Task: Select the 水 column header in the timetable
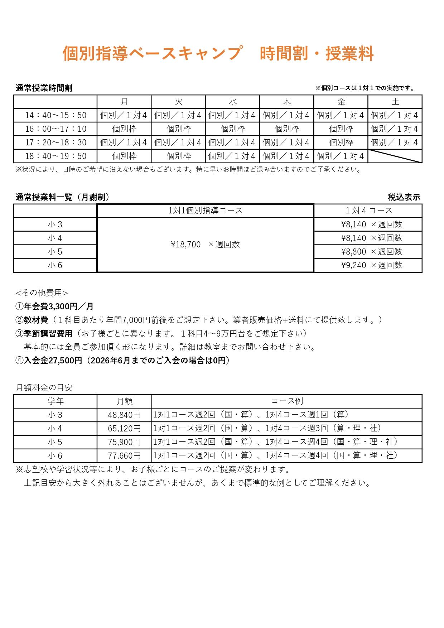[x=233, y=102]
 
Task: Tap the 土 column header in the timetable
[x=395, y=102]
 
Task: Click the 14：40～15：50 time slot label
[x=56, y=115]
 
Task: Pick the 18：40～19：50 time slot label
[x=56, y=156]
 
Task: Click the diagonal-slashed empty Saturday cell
[x=395, y=156]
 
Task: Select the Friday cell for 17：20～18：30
[x=341, y=142]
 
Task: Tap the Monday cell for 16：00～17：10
[x=124, y=129]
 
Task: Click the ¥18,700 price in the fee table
[x=186, y=245]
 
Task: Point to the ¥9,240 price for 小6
[x=353, y=265]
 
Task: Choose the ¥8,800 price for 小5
[x=353, y=252]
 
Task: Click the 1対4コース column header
[x=368, y=211]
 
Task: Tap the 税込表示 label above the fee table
[x=404, y=197]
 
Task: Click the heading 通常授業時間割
[x=44, y=88]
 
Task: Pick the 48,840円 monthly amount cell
[x=124, y=415]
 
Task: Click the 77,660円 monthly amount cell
[x=124, y=456]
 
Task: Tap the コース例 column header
[x=287, y=401]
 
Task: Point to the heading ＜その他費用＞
[x=42, y=293]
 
